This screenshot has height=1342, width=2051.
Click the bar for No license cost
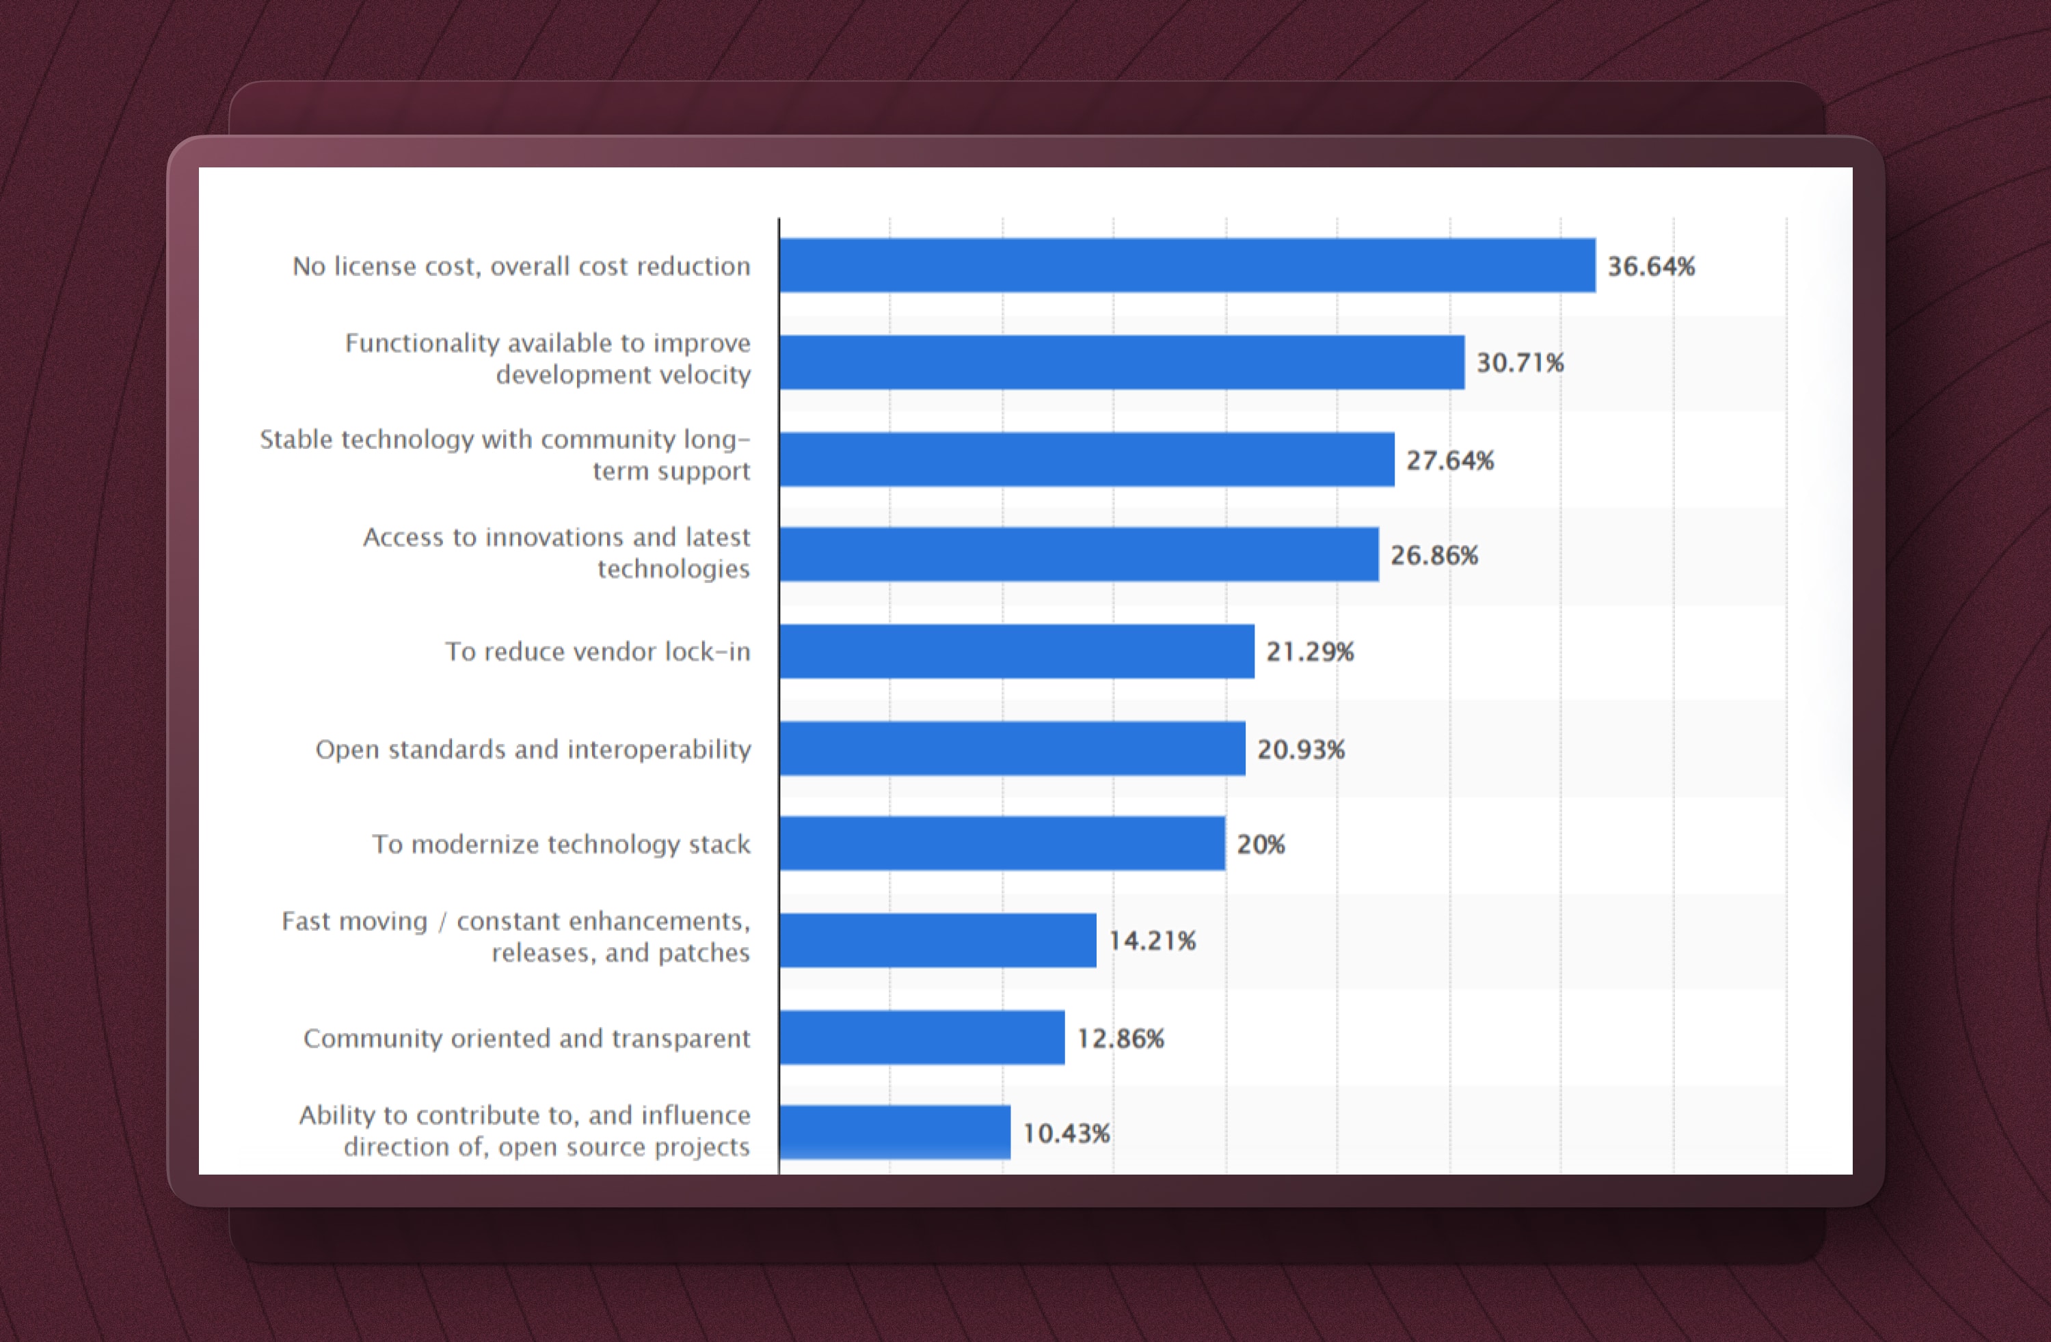click(1188, 265)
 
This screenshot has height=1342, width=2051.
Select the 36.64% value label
click(1650, 266)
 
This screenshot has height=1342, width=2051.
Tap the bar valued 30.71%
click(1122, 363)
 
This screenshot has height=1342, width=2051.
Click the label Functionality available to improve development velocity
click(548, 358)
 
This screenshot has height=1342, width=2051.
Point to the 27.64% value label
click(1449, 460)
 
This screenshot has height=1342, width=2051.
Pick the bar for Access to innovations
click(1079, 555)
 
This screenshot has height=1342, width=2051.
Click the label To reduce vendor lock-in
click(598, 651)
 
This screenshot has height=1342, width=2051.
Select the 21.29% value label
click(1309, 652)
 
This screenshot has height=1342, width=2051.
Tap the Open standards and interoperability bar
click(1013, 748)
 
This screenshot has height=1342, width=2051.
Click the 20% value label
click(1260, 844)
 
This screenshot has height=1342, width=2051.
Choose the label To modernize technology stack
click(561, 844)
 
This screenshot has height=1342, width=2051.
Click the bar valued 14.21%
click(937, 941)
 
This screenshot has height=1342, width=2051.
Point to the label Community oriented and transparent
click(526, 1038)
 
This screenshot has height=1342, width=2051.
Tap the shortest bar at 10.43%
click(894, 1133)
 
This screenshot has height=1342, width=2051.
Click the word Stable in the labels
click(295, 439)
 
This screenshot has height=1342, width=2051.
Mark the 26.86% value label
click(1433, 556)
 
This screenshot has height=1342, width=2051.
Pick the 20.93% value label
click(1300, 750)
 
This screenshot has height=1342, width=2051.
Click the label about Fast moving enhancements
click(516, 936)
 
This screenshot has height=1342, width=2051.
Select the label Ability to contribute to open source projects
click(525, 1130)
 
